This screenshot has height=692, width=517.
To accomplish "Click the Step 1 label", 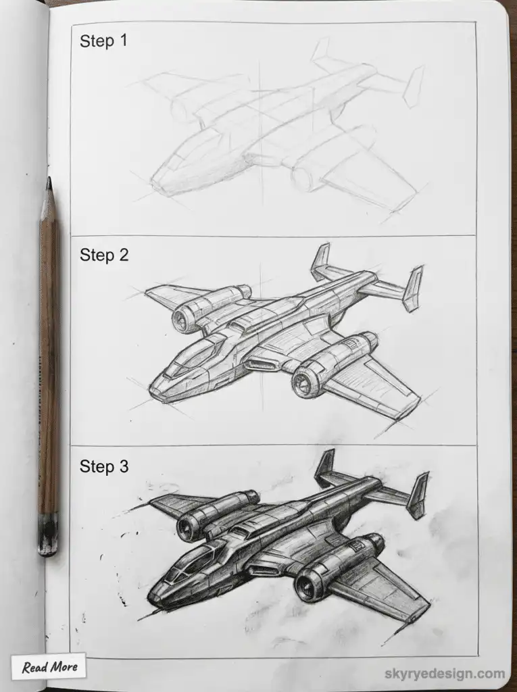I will point(103,41).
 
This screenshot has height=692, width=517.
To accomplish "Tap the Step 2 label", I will point(103,255).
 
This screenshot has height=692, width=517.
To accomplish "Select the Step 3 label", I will point(103,466).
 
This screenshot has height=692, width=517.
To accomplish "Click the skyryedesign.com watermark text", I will point(444,674).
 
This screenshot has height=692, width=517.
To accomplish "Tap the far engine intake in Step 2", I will point(183,318).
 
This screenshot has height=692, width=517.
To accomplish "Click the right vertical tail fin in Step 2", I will point(413,288).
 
